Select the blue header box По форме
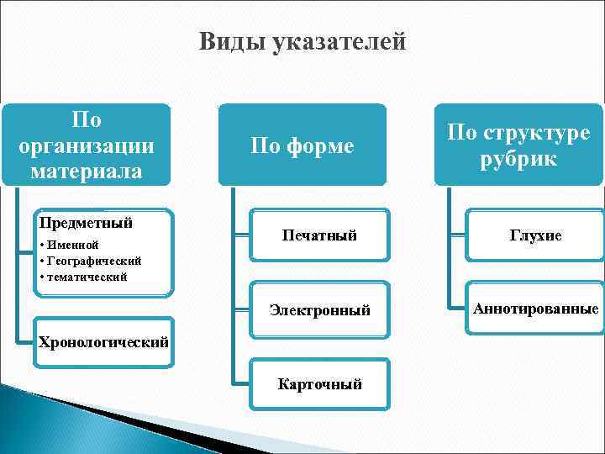click(302, 145)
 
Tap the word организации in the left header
click(87, 145)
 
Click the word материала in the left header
click(87, 171)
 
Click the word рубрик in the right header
click(518, 158)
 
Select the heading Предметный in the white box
click(87, 224)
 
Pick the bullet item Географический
click(93, 261)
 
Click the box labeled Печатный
click(318, 235)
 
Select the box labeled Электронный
click(319, 310)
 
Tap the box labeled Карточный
click(319, 384)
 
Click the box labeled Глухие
click(534, 236)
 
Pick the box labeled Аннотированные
click(535, 309)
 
